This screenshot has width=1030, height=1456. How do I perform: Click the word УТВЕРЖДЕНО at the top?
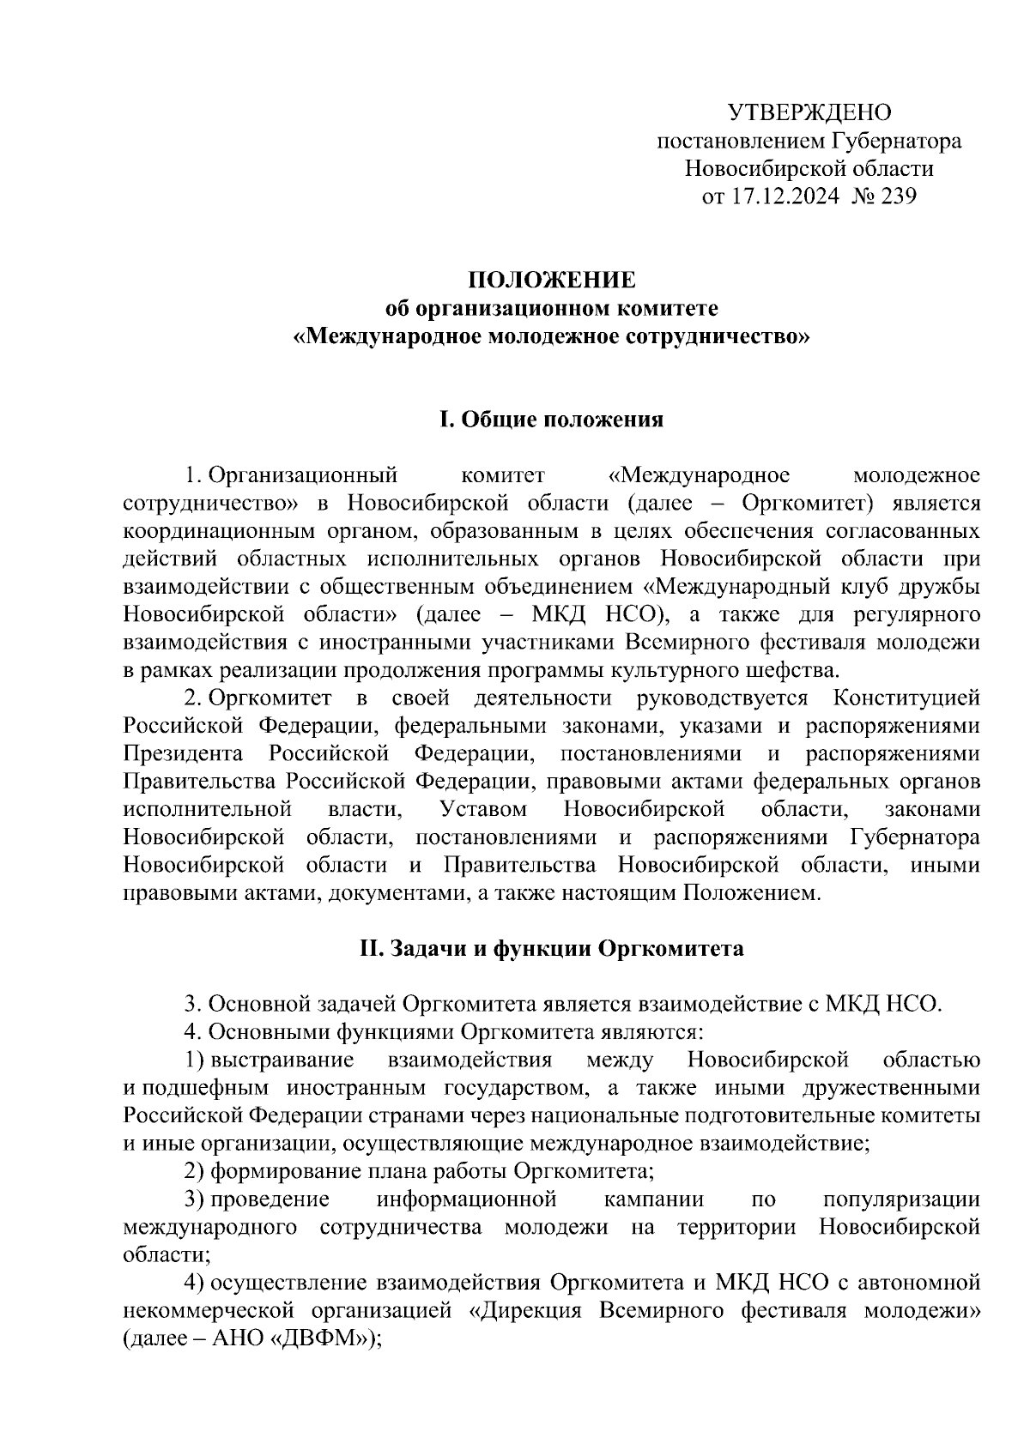pos(809,112)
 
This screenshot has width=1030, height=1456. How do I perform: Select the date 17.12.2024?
pos(784,196)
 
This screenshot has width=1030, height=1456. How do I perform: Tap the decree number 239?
pos(898,196)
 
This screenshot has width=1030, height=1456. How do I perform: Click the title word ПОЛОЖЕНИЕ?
pos(551,281)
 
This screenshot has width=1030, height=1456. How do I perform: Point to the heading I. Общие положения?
pos(551,420)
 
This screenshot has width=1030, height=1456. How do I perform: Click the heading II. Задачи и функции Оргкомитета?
pos(551,949)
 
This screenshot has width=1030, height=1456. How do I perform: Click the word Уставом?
pos(483,809)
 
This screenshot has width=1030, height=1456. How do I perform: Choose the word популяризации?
pos(900,1199)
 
